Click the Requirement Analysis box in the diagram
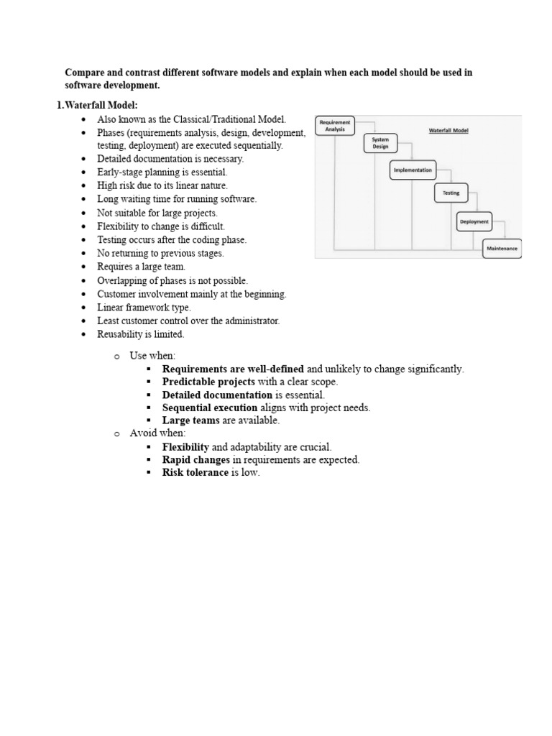tap(335, 126)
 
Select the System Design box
tap(380, 143)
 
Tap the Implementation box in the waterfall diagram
tap(413, 170)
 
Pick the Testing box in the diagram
tap(451, 193)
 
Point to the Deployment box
tap(474, 222)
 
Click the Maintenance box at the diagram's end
tap(501, 248)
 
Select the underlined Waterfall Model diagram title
tap(448, 132)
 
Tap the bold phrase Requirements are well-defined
tap(233, 369)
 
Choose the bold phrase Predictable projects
tap(208, 382)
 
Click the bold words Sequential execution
tap(209, 408)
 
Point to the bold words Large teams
tap(190, 420)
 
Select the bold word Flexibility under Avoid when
tap(185, 446)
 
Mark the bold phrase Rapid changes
tap(196, 459)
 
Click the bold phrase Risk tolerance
tap(195, 472)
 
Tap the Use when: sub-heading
tap(152, 356)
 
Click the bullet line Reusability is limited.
tap(141, 334)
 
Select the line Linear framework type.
tap(144, 308)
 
